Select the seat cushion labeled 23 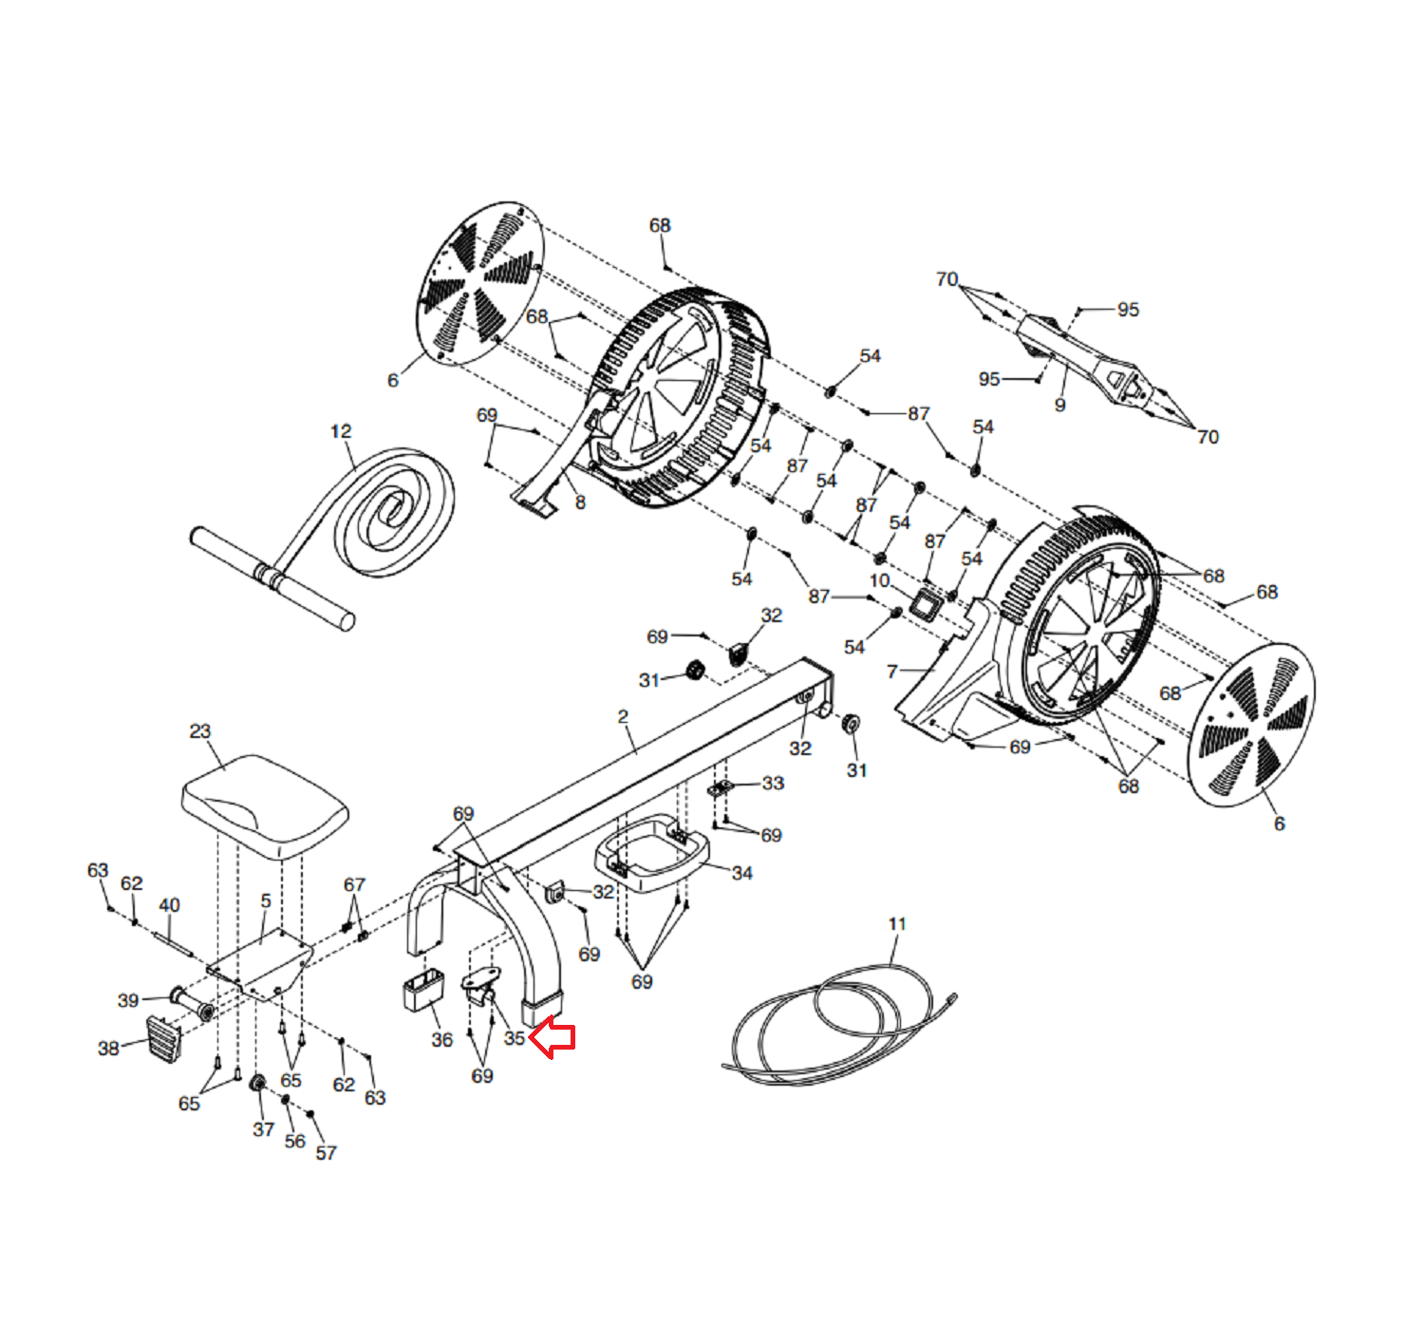264,805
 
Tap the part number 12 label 341,431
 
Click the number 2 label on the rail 623,716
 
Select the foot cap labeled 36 422,990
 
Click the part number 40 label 169,905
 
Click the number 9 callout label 1059,405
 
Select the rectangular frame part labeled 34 652,854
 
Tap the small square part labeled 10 924,602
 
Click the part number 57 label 326,1152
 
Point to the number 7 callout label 891,672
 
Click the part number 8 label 580,502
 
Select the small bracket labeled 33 721,787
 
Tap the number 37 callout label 263,1128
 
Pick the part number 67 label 354,884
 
